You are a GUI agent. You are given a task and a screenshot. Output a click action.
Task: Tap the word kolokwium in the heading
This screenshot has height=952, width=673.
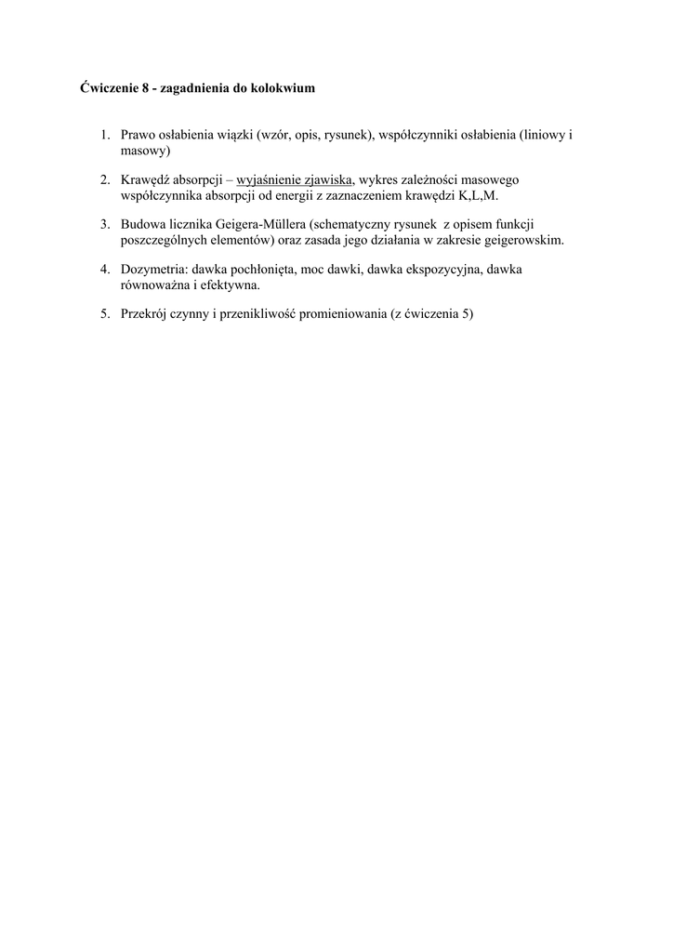(284, 89)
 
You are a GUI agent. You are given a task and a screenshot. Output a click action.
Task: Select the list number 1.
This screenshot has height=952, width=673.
(105, 135)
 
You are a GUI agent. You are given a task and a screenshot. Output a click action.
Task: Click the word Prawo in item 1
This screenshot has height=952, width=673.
(139, 135)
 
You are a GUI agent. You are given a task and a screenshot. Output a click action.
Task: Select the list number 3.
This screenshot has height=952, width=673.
(105, 224)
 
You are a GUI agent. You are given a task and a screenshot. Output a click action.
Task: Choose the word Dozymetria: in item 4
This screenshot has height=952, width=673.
(153, 269)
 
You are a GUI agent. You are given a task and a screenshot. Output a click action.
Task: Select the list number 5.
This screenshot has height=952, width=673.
(105, 314)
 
